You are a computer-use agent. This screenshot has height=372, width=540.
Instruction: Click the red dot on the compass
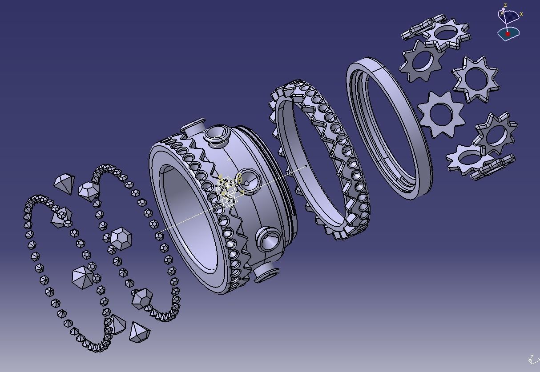tap(508, 34)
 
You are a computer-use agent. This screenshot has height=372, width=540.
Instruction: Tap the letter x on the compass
tap(521, 14)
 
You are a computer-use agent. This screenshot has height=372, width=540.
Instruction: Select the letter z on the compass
tap(505, 5)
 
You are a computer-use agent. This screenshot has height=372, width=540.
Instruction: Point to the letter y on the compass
tap(501, 13)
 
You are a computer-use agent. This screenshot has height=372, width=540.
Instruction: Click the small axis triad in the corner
tap(532, 359)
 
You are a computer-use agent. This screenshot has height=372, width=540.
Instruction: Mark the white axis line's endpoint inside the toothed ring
tap(306, 167)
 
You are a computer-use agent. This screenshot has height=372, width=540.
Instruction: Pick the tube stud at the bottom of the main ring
tap(266, 272)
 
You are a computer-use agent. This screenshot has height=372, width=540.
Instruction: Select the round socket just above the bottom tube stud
tap(269, 240)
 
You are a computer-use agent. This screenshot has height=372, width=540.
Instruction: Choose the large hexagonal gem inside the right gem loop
tap(121, 238)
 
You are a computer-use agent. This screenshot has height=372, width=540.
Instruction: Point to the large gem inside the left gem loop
tap(83, 276)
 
